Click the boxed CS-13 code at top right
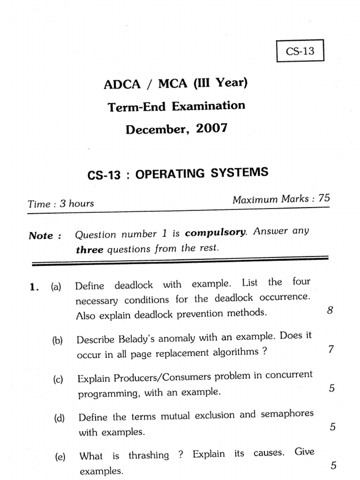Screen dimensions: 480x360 pyautogui.click(x=300, y=51)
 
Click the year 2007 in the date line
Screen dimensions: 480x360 pyautogui.click(x=212, y=128)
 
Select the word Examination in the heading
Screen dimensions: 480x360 pyautogui.click(x=208, y=106)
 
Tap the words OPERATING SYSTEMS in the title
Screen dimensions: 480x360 pyautogui.click(x=202, y=173)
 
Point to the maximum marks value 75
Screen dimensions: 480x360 pyautogui.click(x=324, y=198)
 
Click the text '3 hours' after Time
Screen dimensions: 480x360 pyautogui.click(x=74, y=203)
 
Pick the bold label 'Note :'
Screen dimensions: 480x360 pyautogui.click(x=45, y=235)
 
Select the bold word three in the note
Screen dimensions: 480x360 pyautogui.click(x=89, y=250)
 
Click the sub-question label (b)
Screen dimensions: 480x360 pyautogui.click(x=58, y=341)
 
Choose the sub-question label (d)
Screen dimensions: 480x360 pyautogui.click(x=59, y=418)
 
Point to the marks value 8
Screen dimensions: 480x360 pyautogui.click(x=330, y=310)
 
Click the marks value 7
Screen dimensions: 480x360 pyautogui.click(x=330, y=349)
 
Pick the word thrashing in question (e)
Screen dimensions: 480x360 pyautogui.click(x=149, y=455)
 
